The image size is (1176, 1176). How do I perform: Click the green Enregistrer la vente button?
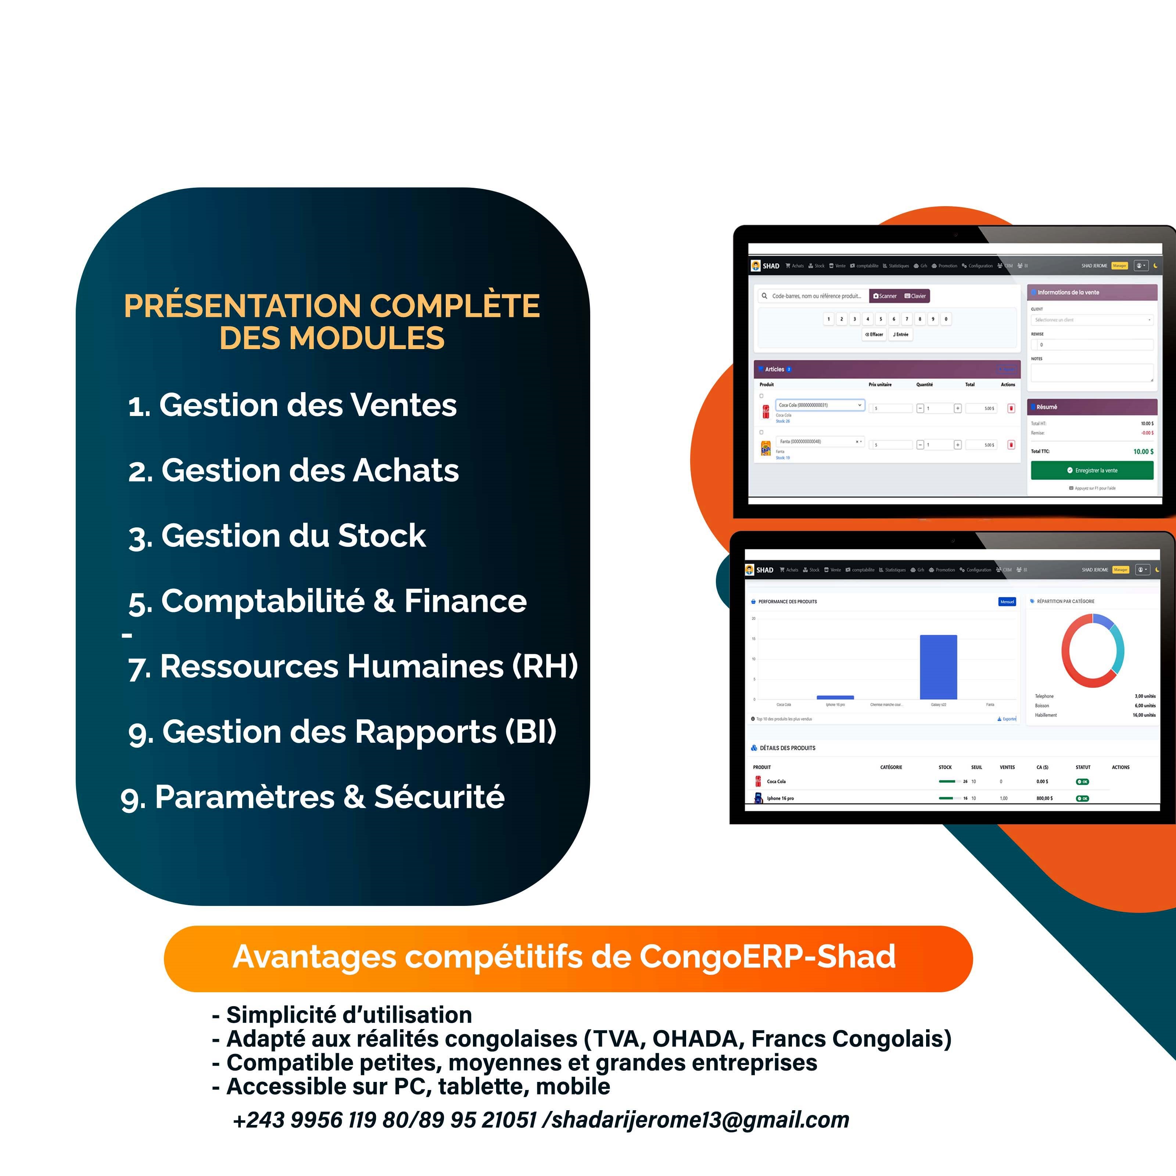click(1092, 470)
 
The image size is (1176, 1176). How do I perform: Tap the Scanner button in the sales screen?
click(885, 296)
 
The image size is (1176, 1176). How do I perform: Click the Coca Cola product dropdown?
click(820, 405)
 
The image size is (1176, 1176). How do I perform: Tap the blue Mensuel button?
click(1007, 601)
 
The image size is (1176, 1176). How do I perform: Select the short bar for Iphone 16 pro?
click(835, 697)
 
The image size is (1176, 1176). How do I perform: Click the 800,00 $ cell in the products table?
click(1044, 798)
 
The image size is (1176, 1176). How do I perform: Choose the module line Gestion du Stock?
click(277, 536)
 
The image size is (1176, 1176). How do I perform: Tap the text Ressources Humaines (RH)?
click(368, 667)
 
